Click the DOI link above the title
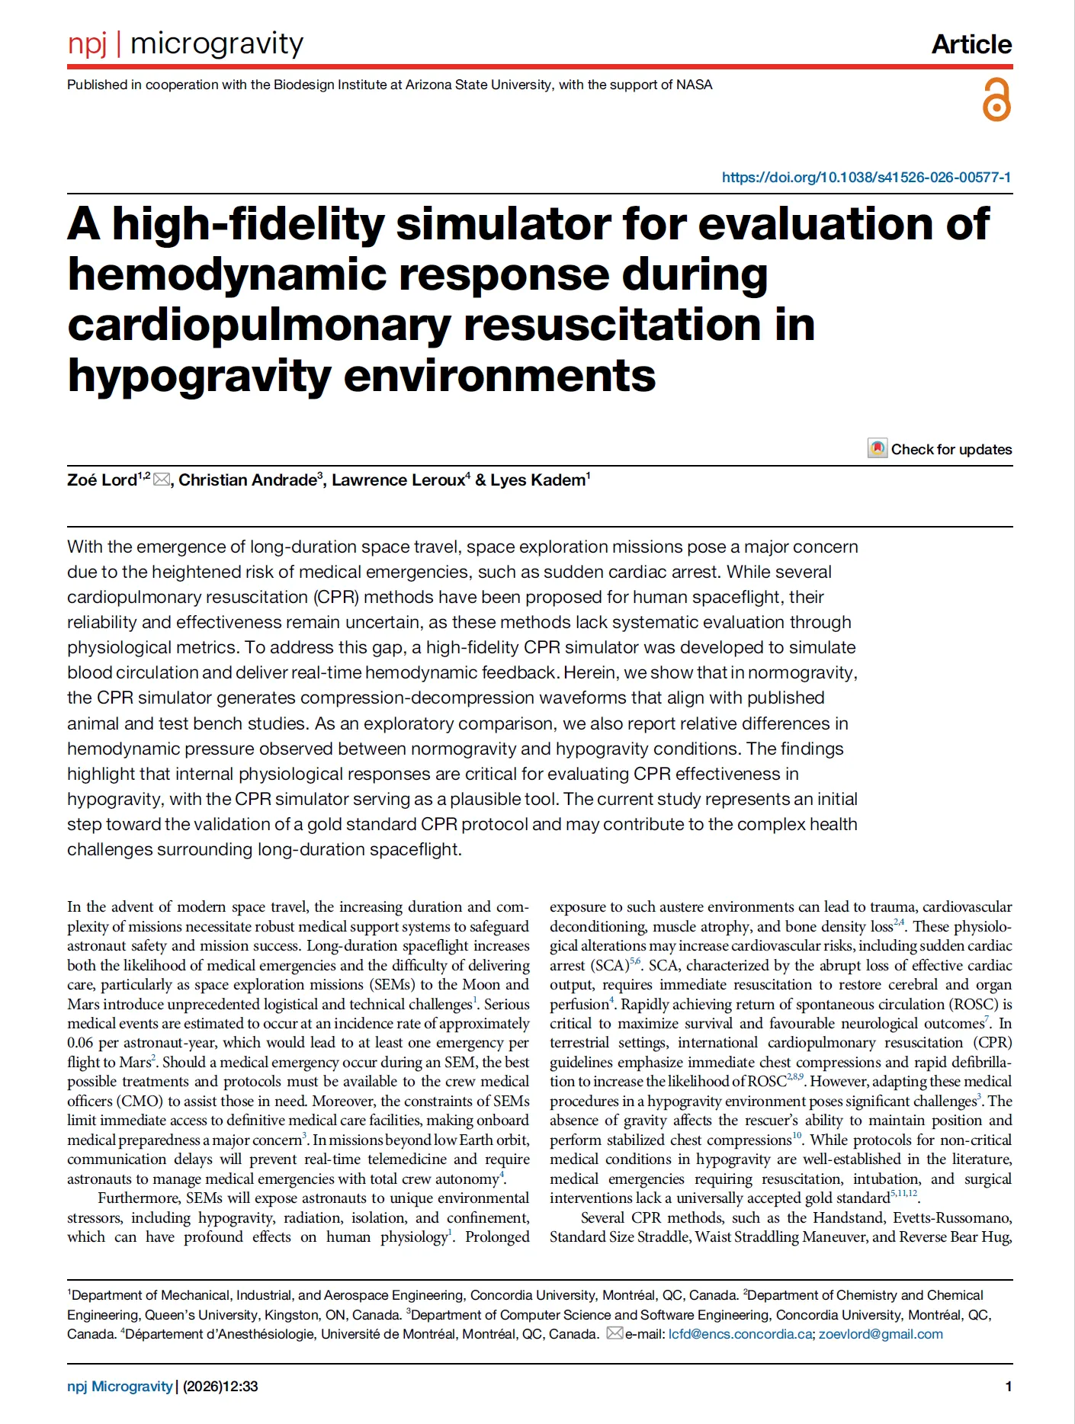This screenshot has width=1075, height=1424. pos(866,178)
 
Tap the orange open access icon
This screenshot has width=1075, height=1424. pos(996,100)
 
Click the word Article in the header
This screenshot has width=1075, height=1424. pos(971,44)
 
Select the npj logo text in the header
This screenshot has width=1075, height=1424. pos(87,43)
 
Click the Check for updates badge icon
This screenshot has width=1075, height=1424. pos(878,448)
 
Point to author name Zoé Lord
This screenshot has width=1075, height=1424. pos(101,480)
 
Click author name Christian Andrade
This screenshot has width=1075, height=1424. pos(247,480)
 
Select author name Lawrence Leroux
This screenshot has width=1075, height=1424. pos(397,480)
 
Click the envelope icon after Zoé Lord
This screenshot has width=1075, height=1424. pos(162,479)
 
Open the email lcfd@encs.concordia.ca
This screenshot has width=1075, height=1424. pos(740,1334)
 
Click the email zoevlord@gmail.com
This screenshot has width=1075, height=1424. pos(881,1334)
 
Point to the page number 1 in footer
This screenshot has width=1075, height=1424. pos(1008,1386)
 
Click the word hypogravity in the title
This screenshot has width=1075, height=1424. pos(199,376)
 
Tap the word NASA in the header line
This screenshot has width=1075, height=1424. pos(694,85)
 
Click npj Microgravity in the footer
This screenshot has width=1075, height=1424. pos(120,1386)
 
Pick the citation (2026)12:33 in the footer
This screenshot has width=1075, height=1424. pos(220,1386)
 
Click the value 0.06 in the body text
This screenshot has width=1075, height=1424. pos(80,1043)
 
